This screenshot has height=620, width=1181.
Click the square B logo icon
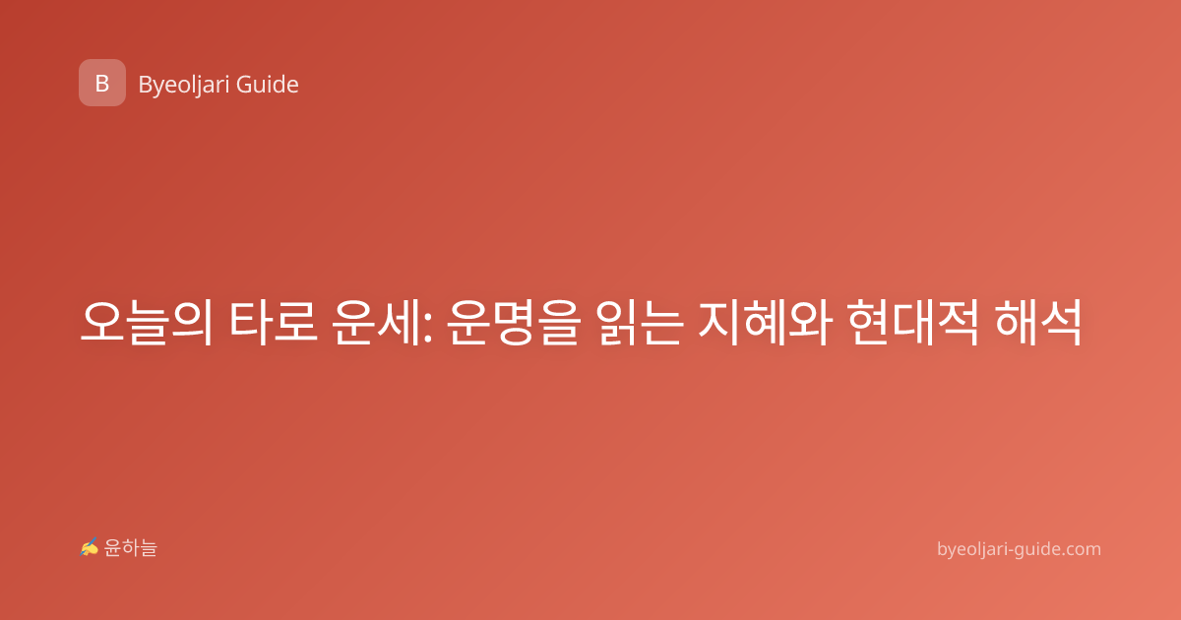tap(102, 83)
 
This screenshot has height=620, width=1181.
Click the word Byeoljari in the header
tap(184, 86)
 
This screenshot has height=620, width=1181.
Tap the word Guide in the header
tap(268, 85)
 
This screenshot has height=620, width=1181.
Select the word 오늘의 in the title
tap(146, 322)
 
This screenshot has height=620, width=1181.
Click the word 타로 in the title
tap(274, 322)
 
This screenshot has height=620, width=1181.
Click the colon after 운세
tap(427, 328)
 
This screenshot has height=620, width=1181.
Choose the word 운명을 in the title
tap(514, 322)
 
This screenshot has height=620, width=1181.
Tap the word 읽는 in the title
tap(641, 322)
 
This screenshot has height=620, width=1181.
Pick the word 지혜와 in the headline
tap(766, 322)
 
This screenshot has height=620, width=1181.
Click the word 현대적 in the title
tap(913, 322)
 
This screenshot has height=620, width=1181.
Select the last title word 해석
tap(1038, 322)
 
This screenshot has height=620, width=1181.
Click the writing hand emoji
tap(90, 547)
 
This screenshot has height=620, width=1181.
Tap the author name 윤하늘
tap(130, 548)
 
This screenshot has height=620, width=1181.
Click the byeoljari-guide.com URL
tap(1019, 550)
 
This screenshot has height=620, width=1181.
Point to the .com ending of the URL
tap(1082, 549)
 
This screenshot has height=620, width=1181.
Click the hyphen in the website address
tap(1009, 551)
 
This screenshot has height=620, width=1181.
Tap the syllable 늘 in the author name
tap(149, 548)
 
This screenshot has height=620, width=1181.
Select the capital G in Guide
tap(244, 85)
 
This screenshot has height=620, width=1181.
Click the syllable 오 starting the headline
tap(101, 322)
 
